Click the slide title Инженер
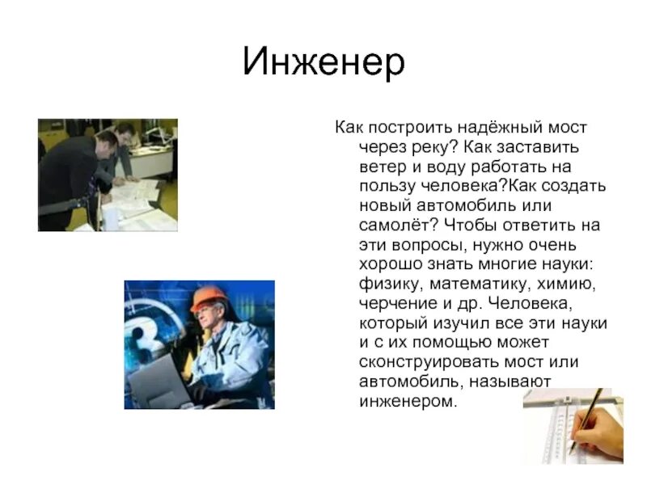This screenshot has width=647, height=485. [323, 63]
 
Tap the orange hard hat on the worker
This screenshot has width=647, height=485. [209, 298]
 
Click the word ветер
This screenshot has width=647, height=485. [383, 167]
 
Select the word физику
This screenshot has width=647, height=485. [391, 285]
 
